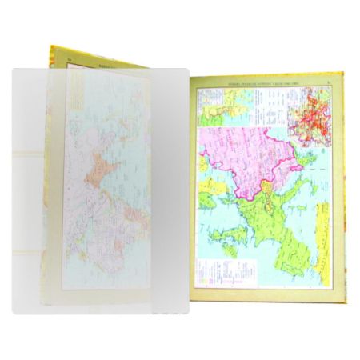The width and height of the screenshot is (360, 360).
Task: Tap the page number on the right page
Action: click(x=330, y=79)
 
